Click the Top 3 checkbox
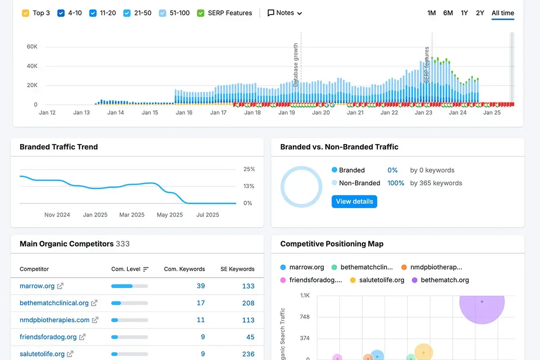26,13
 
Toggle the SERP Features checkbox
201,13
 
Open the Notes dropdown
284,13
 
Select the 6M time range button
448,13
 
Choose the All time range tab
503,13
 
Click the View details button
354,201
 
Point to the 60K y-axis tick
32,46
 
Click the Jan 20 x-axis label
321,112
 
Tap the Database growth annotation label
296,65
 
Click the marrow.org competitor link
37,286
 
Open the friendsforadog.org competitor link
48,337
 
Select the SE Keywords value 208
248,303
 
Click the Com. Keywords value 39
201,286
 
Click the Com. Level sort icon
146,269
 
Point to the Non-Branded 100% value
396,183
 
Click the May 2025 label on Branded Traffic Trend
170,215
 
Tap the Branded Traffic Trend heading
58,147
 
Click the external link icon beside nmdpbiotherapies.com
95,320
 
